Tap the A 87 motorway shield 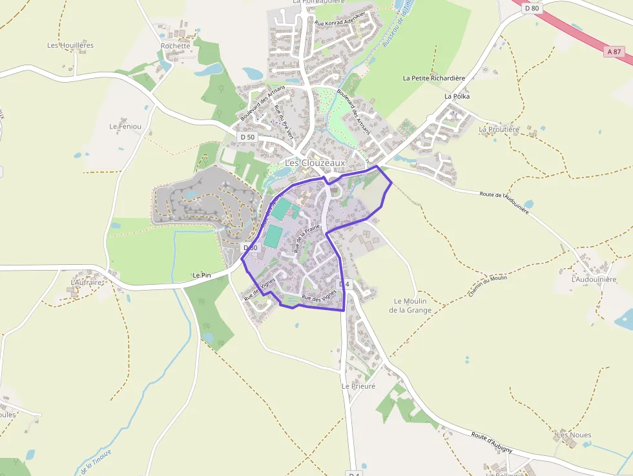pos(617,51)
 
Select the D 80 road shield pos(532,8)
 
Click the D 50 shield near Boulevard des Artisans pos(247,137)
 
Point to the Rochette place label pos(176,46)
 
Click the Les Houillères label pos(70,45)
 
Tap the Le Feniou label pos(125,126)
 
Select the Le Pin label pos(202,275)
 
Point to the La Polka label pos(457,96)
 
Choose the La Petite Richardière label pos(434,78)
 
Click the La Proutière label pos(499,129)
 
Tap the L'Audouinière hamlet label pos(594,280)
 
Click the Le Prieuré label pos(358,386)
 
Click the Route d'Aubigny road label pos(492,441)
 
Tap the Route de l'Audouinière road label pos(504,202)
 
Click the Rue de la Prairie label pos(307,238)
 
